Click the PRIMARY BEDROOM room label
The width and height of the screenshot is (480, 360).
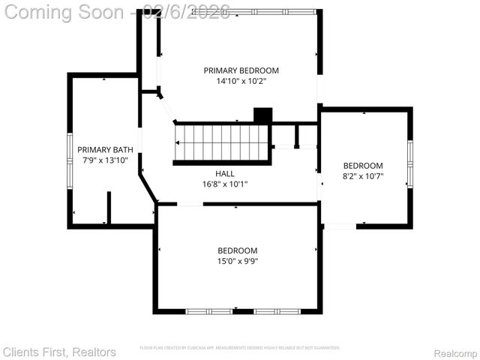point(241,70)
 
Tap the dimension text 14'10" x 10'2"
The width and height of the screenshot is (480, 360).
point(241,81)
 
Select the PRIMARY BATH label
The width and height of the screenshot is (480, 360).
point(105,149)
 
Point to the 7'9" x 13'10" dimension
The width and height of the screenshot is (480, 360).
point(105,160)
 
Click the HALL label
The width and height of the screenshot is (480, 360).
point(224,173)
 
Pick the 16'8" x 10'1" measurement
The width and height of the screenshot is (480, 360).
point(224,184)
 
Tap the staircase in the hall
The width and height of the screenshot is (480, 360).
point(222,142)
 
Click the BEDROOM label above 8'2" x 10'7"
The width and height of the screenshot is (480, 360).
point(363,166)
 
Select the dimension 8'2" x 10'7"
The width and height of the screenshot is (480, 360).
point(363,177)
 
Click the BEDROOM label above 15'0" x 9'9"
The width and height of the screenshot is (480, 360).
point(238,250)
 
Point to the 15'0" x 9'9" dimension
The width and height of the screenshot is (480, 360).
point(238,261)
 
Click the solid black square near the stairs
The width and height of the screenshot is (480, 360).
point(262,115)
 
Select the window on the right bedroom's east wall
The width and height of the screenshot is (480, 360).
point(409,165)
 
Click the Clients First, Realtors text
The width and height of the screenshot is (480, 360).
point(59,352)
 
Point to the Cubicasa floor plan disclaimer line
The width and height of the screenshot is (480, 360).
point(240,348)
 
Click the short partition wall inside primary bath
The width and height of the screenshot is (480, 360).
point(109,208)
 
